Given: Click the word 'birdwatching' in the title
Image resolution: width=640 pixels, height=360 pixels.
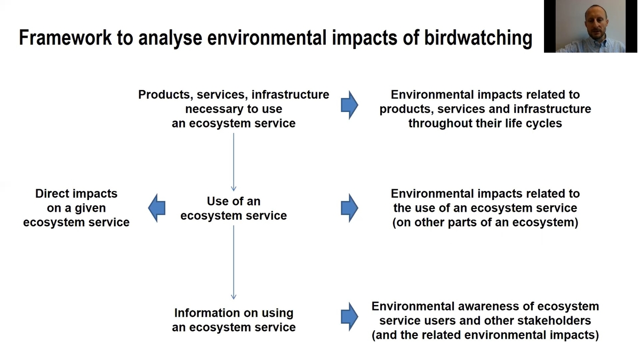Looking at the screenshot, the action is (x=478, y=38).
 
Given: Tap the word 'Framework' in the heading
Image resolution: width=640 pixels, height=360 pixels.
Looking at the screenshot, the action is (x=65, y=37).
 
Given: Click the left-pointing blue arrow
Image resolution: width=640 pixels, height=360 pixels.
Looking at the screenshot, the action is (x=157, y=208).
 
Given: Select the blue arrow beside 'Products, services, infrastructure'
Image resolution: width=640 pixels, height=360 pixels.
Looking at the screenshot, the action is (x=349, y=105).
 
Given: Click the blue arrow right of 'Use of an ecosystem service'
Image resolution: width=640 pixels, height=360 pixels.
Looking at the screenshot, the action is (x=349, y=208).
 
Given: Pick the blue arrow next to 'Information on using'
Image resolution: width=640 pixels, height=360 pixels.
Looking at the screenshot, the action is (x=349, y=317).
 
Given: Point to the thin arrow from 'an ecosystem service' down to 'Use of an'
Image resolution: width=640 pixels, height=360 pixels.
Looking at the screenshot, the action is (x=234, y=162).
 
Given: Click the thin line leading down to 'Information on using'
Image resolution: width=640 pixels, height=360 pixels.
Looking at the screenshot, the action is (x=234, y=262).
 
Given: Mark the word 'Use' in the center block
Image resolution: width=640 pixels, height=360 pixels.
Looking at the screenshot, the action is (x=217, y=201).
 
